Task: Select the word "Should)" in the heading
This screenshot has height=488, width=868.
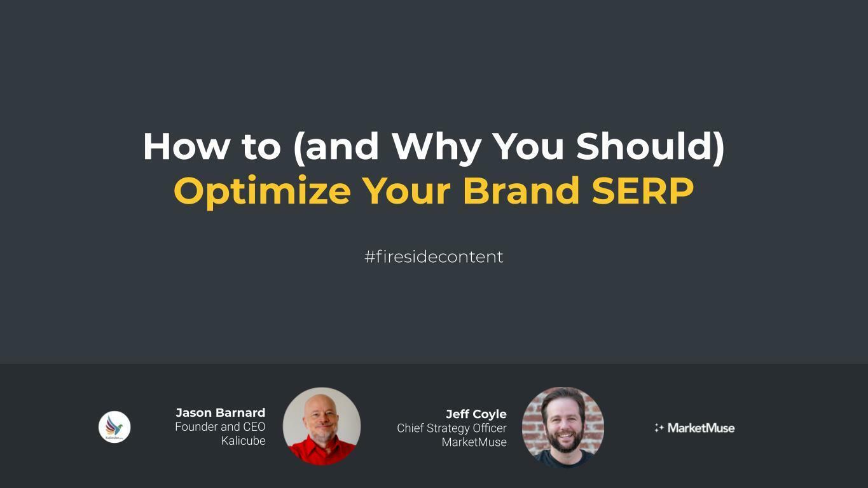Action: pyautogui.click(x=650, y=146)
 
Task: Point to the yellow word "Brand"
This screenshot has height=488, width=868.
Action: pyautogui.click(x=521, y=190)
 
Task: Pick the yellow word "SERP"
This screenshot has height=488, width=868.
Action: pyautogui.click(x=642, y=190)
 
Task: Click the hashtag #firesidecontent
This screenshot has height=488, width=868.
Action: pyautogui.click(x=434, y=256)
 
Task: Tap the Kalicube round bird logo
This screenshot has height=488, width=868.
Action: pyautogui.click(x=114, y=427)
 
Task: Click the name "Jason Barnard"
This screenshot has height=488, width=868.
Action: pyautogui.click(x=220, y=412)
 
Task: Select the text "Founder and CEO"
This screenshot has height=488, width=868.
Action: pyautogui.click(x=220, y=426)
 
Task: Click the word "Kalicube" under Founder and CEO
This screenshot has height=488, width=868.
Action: pyautogui.click(x=243, y=440)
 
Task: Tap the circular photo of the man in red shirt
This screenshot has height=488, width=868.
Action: pyautogui.click(x=322, y=426)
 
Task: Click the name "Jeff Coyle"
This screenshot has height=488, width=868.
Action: pyautogui.click(x=476, y=414)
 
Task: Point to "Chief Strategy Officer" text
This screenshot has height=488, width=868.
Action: pyautogui.click(x=451, y=428)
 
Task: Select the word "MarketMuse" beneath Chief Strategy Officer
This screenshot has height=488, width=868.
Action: pyautogui.click(x=474, y=442)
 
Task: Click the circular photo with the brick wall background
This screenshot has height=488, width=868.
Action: pyautogui.click(x=563, y=427)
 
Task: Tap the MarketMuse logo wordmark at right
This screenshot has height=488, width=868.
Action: pyautogui.click(x=701, y=428)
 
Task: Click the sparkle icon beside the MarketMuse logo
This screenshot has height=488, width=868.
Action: pyautogui.click(x=659, y=428)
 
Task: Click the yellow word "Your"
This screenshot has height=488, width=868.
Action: pyautogui.click(x=406, y=190)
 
